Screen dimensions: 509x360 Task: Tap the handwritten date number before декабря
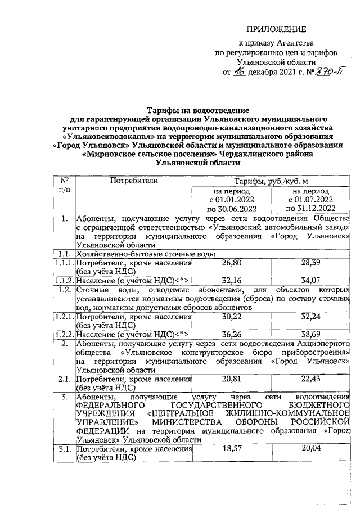pos(241,72)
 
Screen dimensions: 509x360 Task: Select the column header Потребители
pos(134,181)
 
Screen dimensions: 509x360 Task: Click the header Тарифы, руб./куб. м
pos(272,181)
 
